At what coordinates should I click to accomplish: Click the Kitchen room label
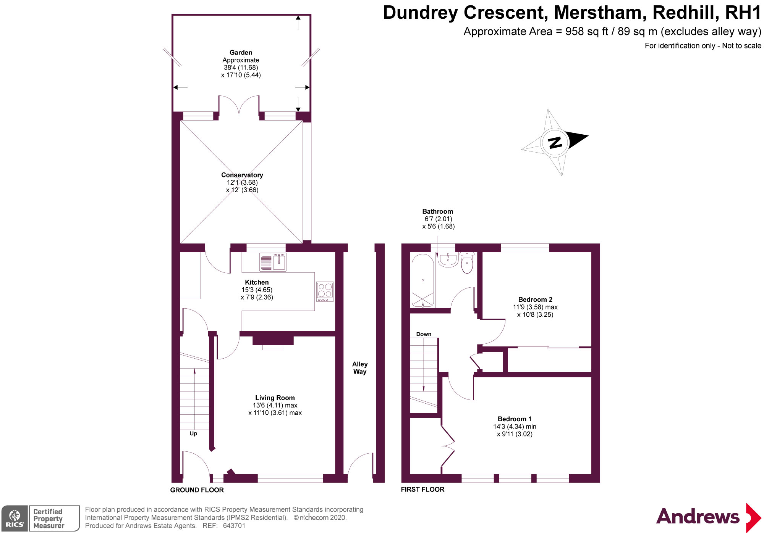(x=257, y=282)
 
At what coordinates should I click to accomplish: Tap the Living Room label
(x=275, y=398)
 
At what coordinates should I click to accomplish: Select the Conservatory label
(x=242, y=175)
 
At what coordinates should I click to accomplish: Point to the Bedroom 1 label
(x=515, y=419)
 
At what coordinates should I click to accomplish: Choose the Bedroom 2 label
(x=535, y=300)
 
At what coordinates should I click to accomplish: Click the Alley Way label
(x=360, y=368)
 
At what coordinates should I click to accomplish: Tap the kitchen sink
(x=273, y=262)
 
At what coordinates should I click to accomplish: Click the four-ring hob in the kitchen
(x=325, y=291)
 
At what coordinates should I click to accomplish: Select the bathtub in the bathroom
(x=422, y=280)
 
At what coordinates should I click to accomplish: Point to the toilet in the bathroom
(x=467, y=262)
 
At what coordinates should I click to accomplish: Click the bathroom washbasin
(x=448, y=260)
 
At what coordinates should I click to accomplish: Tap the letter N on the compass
(x=555, y=143)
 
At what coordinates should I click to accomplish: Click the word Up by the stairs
(x=193, y=433)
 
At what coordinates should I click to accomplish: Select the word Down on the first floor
(x=424, y=334)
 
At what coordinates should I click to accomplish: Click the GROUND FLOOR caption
(x=197, y=490)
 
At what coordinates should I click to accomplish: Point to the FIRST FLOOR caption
(x=422, y=490)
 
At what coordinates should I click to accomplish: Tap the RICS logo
(x=15, y=518)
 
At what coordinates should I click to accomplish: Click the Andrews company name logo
(x=698, y=517)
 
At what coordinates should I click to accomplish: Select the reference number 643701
(x=234, y=526)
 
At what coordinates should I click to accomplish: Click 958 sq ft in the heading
(x=587, y=31)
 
